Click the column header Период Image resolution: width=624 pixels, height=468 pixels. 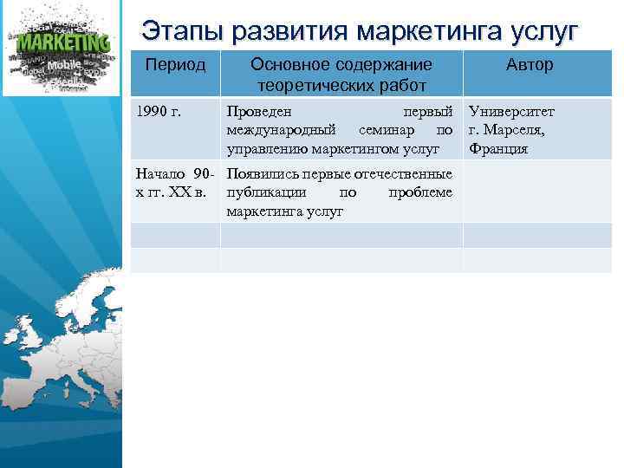175,65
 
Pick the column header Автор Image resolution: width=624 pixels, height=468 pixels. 530,65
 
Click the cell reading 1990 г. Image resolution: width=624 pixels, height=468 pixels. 158,113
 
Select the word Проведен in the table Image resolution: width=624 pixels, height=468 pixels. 258,113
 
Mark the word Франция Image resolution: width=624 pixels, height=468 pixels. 497,149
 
